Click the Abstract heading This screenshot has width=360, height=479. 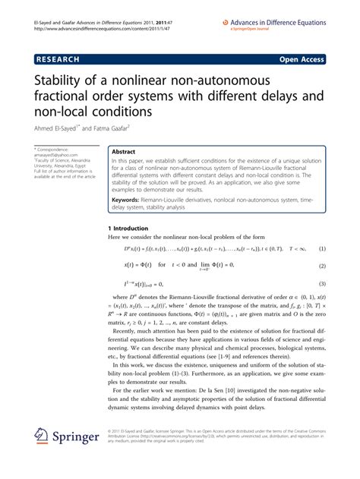[x=123, y=152]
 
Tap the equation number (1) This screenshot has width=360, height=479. [x=322, y=249]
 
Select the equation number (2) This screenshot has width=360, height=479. [x=322, y=266]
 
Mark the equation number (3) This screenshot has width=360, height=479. [x=322, y=284]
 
